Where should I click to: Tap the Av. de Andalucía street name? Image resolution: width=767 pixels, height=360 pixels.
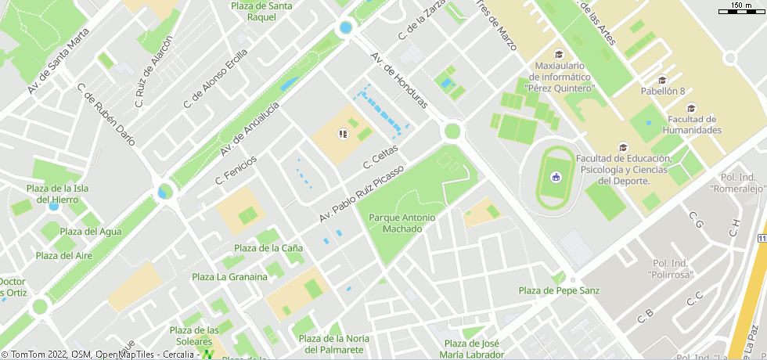(250, 128)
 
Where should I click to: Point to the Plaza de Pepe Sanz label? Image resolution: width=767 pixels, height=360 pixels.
(559, 290)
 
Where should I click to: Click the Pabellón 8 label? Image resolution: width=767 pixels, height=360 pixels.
(662, 91)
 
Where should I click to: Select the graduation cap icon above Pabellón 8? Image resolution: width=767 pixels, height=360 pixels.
(662, 79)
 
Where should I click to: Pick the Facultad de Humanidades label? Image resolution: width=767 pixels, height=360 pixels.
(691, 124)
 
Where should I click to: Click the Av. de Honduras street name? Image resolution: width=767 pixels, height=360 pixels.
(399, 81)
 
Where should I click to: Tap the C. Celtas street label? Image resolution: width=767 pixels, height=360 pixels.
(381, 157)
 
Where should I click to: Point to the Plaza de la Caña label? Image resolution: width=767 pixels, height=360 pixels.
(270, 248)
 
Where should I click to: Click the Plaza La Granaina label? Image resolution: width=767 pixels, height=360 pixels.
(229, 276)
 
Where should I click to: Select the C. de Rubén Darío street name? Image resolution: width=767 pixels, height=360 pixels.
(106, 114)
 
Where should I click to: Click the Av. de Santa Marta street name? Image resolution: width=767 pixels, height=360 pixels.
(59, 62)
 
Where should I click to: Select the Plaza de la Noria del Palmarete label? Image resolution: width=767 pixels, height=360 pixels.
(334, 343)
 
